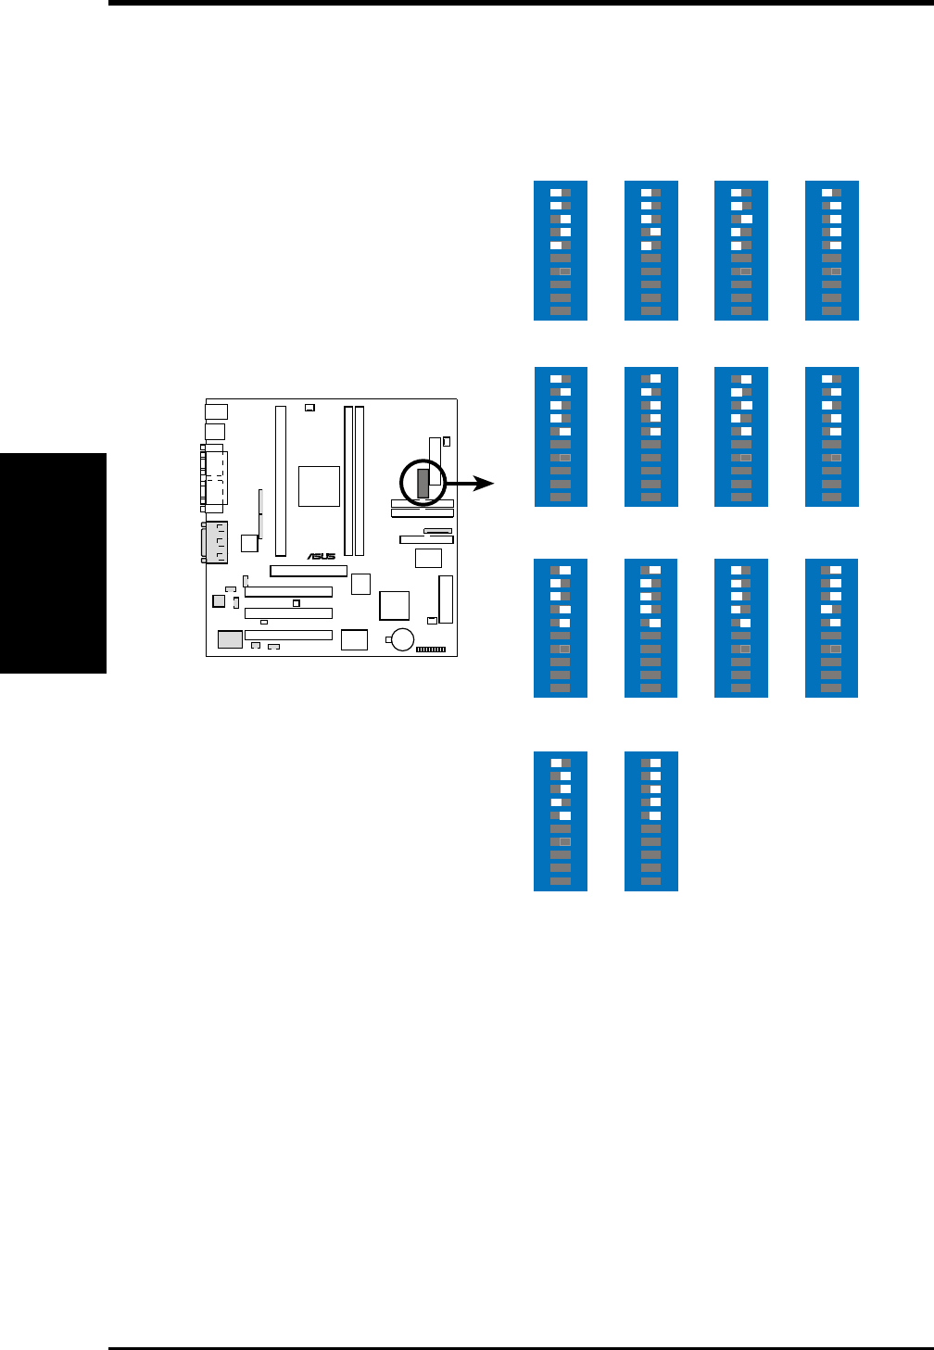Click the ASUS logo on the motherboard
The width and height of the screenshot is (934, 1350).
coord(322,556)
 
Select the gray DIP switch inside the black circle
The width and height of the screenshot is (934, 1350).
coord(423,482)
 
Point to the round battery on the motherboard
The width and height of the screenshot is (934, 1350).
coord(402,639)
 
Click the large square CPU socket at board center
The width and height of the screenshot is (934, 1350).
coord(319,486)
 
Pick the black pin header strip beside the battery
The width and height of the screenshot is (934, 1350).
coord(431,650)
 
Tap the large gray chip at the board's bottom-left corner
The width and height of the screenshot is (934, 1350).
coord(230,638)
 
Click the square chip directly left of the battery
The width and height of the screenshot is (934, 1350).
coord(354,639)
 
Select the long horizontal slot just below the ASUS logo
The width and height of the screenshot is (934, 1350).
coord(309,571)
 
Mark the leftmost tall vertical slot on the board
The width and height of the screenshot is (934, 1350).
coord(280,480)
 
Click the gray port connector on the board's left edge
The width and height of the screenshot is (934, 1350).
coord(216,543)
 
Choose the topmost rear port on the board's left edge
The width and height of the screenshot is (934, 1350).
coord(216,410)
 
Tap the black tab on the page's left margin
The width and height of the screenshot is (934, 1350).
coord(54,563)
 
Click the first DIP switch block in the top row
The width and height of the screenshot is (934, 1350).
coord(561,251)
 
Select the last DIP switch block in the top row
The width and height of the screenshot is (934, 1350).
coord(832,251)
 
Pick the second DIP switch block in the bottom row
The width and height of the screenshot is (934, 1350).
coord(651,821)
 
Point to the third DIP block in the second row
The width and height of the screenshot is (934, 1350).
coord(741,437)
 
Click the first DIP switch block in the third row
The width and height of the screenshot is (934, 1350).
coord(561,628)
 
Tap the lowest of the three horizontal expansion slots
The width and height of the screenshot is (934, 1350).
coord(288,636)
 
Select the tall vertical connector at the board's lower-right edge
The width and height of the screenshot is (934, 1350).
coord(447,599)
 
